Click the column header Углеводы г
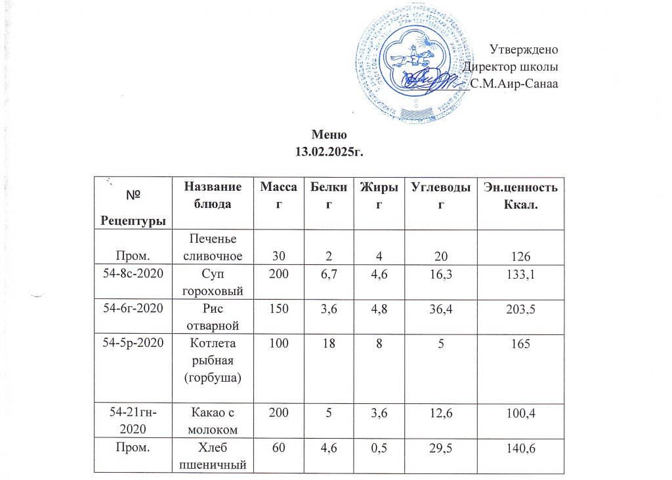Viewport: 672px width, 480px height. [x=440, y=196]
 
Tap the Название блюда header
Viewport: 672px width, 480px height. [x=209, y=196]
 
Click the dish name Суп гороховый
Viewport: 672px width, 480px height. [x=209, y=283]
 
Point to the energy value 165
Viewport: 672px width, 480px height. [x=520, y=348]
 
